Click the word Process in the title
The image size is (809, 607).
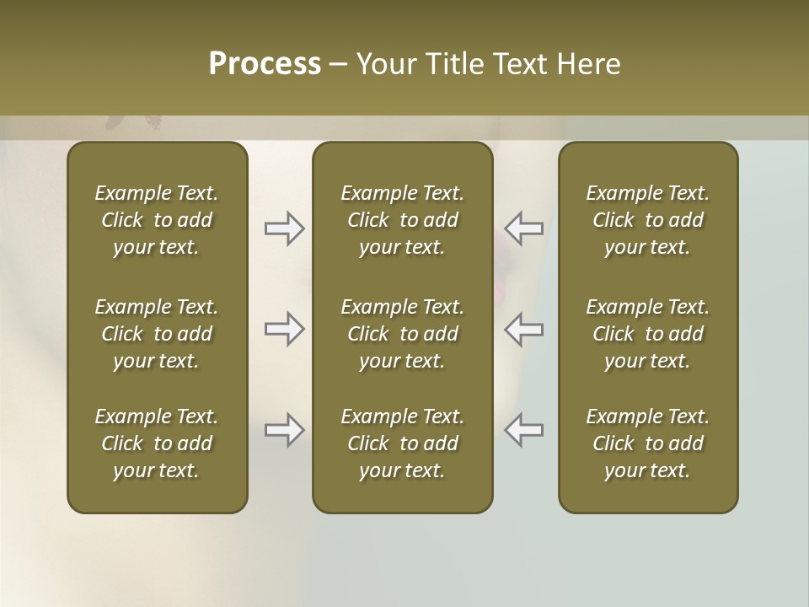(x=265, y=64)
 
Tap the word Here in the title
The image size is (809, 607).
(x=589, y=64)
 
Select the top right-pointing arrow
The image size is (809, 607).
(x=285, y=228)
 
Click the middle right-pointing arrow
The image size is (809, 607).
(x=285, y=329)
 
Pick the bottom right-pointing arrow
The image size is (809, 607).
(x=285, y=430)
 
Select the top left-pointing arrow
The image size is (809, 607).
(x=523, y=228)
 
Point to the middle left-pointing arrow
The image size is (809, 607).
(x=523, y=329)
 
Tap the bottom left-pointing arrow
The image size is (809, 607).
(x=523, y=430)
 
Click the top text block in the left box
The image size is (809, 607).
(x=157, y=220)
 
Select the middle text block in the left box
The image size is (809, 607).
(x=157, y=334)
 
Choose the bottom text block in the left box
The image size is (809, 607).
(x=157, y=443)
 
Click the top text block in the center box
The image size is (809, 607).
(x=402, y=220)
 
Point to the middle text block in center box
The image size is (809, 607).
(x=402, y=334)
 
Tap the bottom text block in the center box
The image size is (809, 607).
(x=402, y=443)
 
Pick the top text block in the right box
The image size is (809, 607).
(x=648, y=220)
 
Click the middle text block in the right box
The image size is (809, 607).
(x=648, y=334)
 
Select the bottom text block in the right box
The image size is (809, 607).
(x=648, y=443)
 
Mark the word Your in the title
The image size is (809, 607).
(x=387, y=64)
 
